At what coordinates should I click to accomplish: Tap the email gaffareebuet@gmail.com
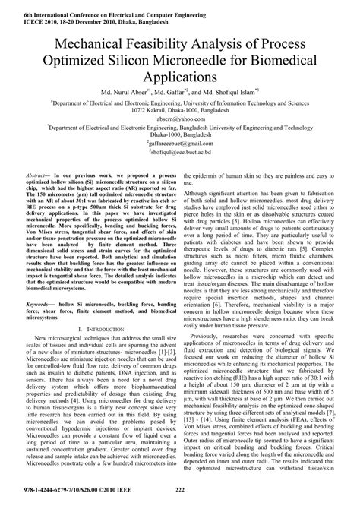tap(181, 142)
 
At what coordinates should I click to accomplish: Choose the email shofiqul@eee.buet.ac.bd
tap(181, 151)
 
